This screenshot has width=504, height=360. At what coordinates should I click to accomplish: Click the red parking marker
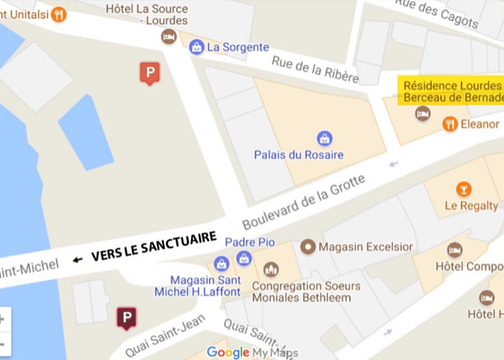tap(149, 73)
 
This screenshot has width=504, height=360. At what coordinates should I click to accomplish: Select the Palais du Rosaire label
tap(299, 155)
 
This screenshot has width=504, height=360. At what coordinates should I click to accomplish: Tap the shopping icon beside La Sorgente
tap(196, 47)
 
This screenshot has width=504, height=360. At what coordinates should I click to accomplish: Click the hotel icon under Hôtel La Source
tap(168, 36)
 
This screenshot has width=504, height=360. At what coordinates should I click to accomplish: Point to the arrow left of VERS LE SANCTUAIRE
tap(77, 259)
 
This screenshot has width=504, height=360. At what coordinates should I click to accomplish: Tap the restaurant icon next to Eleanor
tap(450, 123)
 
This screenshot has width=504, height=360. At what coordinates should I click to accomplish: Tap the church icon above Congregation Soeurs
tap(271, 269)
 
